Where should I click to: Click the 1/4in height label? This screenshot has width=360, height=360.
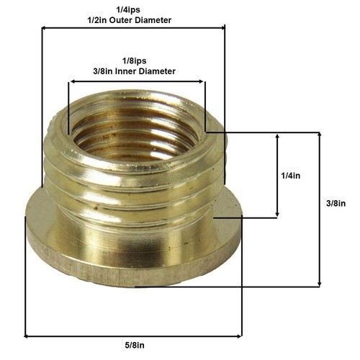coord(293,175)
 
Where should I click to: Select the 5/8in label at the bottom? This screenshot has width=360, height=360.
coord(135,346)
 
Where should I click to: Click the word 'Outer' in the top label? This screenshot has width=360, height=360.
coord(132,19)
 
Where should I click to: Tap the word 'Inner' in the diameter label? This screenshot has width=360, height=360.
coord(132,71)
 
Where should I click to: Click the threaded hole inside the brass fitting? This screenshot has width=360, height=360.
coord(137,133)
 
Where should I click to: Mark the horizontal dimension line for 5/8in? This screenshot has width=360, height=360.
coord(133,336)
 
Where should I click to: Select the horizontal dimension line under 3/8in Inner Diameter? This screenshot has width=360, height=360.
coord(137,81)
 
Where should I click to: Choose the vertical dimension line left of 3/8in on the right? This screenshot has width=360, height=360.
coord(319,209)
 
